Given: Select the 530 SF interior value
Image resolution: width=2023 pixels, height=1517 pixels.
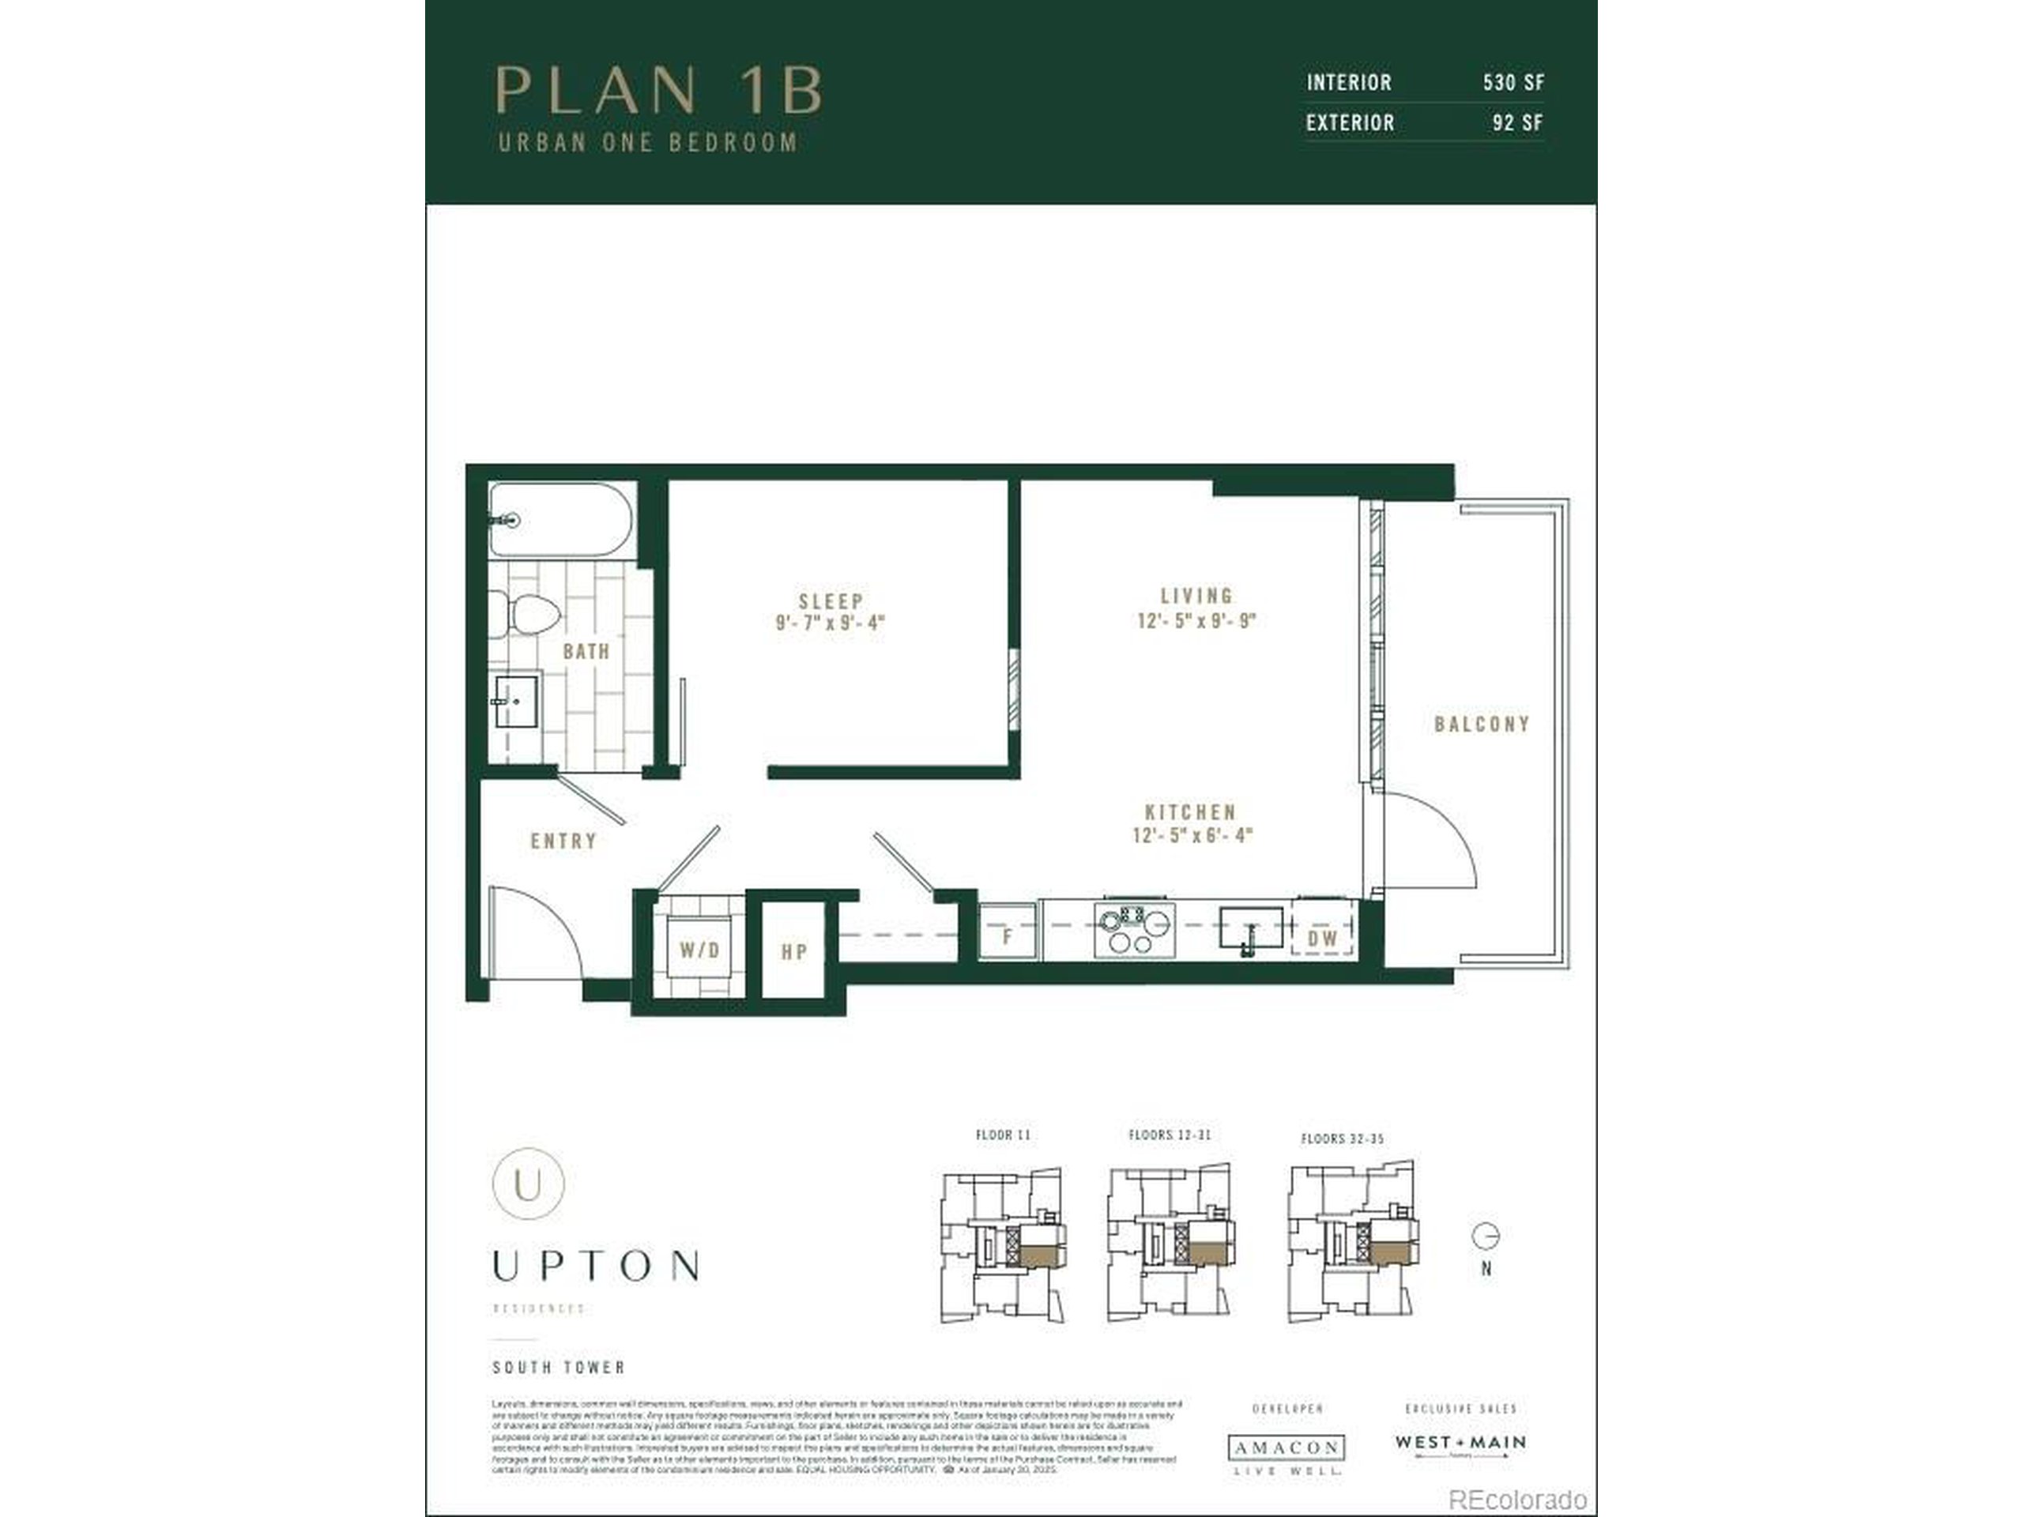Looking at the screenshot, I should tap(1513, 82).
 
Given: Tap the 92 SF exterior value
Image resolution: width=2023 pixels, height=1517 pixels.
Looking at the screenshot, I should tap(1517, 122).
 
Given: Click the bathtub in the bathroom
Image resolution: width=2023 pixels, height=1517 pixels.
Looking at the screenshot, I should tap(560, 519).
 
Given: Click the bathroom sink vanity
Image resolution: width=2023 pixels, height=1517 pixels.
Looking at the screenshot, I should tap(517, 702).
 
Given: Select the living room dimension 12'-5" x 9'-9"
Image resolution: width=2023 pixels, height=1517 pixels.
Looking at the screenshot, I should tap(1196, 621).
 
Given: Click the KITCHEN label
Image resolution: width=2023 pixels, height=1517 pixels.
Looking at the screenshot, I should tap(1191, 811).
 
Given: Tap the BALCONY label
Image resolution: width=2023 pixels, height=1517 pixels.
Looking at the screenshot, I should tap(1482, 725).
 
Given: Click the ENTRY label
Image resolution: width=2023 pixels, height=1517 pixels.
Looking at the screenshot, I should tap(563, 841).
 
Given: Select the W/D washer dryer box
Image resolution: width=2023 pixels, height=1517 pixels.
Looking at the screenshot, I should tap(699, 949).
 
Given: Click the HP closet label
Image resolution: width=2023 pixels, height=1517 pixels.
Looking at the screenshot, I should tap(794, 951).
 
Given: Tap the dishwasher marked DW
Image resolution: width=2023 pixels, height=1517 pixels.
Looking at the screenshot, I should tap(1322, 937).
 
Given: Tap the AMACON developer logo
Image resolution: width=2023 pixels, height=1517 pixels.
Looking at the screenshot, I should tap(1287, 1447).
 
